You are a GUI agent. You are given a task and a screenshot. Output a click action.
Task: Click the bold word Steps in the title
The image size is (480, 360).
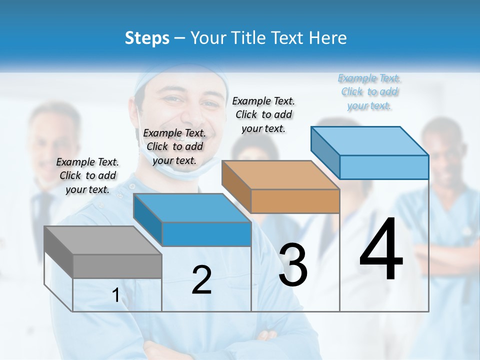click(x=147, y=38)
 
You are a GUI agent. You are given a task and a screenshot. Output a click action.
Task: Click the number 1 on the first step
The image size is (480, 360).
click(x=116, y=295)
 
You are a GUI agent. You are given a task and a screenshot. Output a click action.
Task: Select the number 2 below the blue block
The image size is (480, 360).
click(x=201, y=280)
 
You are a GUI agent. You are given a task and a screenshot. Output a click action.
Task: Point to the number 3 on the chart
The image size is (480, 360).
click(x=293, y=265)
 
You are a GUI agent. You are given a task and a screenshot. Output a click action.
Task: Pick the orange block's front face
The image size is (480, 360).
click(x=295, y=201)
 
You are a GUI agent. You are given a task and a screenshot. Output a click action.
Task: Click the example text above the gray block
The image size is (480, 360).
click(x=87, y=175)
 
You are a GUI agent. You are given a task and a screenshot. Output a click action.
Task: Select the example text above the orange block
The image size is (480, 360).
click(x=263, y=114)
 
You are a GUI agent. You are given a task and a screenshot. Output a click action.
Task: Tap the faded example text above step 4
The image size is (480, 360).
click(x=369, y=91)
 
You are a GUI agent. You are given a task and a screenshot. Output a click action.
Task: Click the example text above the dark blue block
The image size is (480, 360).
click(x=174, y=146)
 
